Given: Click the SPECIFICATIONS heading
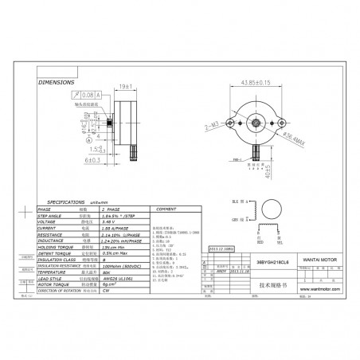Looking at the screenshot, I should pyautogui.click(x=72, y=203).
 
